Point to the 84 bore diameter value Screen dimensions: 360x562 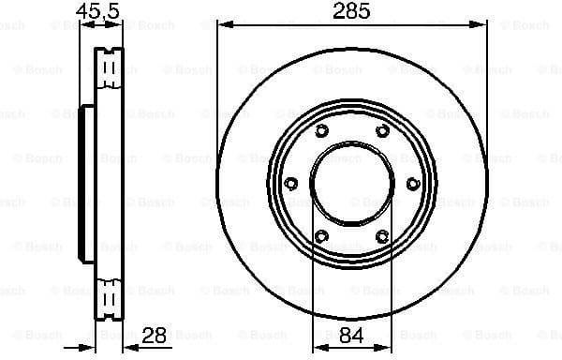(x=351, y=335)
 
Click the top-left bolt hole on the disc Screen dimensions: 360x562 (x=321, y=130)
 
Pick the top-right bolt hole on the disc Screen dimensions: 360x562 (x=382, y=130)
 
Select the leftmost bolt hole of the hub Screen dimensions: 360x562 (x=290, y=182)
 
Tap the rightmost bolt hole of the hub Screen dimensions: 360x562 (x=413, y=182)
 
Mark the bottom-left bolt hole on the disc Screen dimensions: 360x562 (x=321, y=234)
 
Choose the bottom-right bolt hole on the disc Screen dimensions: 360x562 (x=382, y=234)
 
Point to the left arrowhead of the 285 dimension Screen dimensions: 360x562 (x=222, y=27)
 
